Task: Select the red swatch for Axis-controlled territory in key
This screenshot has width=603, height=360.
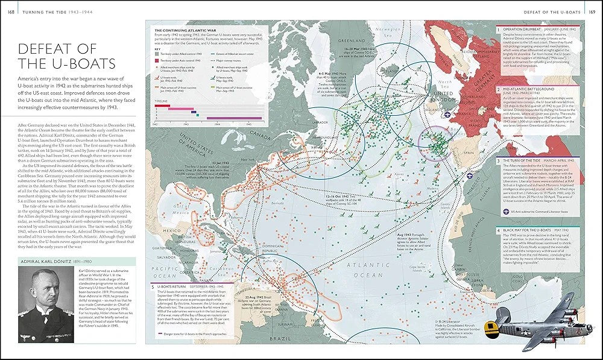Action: point(159,61)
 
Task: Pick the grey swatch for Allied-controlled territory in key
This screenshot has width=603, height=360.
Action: point(159,54)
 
